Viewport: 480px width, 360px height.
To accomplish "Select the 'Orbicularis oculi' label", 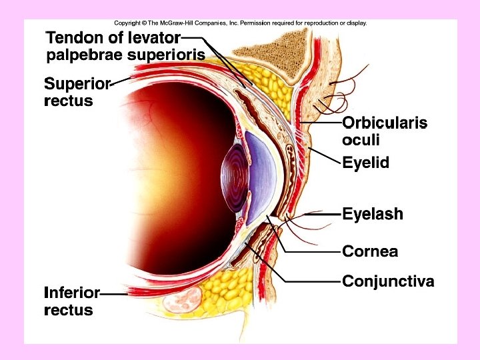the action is coord(384,131).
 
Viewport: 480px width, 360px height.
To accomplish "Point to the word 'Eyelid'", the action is coord(365,163).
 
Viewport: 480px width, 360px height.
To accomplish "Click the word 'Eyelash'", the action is coord(373,215).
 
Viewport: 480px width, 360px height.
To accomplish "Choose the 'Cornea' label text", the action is coord(370,251).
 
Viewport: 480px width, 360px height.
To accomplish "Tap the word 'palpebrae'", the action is coord(83,55).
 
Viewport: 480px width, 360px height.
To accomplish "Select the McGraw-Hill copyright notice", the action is coord(240,23).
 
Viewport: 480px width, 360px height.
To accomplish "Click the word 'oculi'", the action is coord(361,140).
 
